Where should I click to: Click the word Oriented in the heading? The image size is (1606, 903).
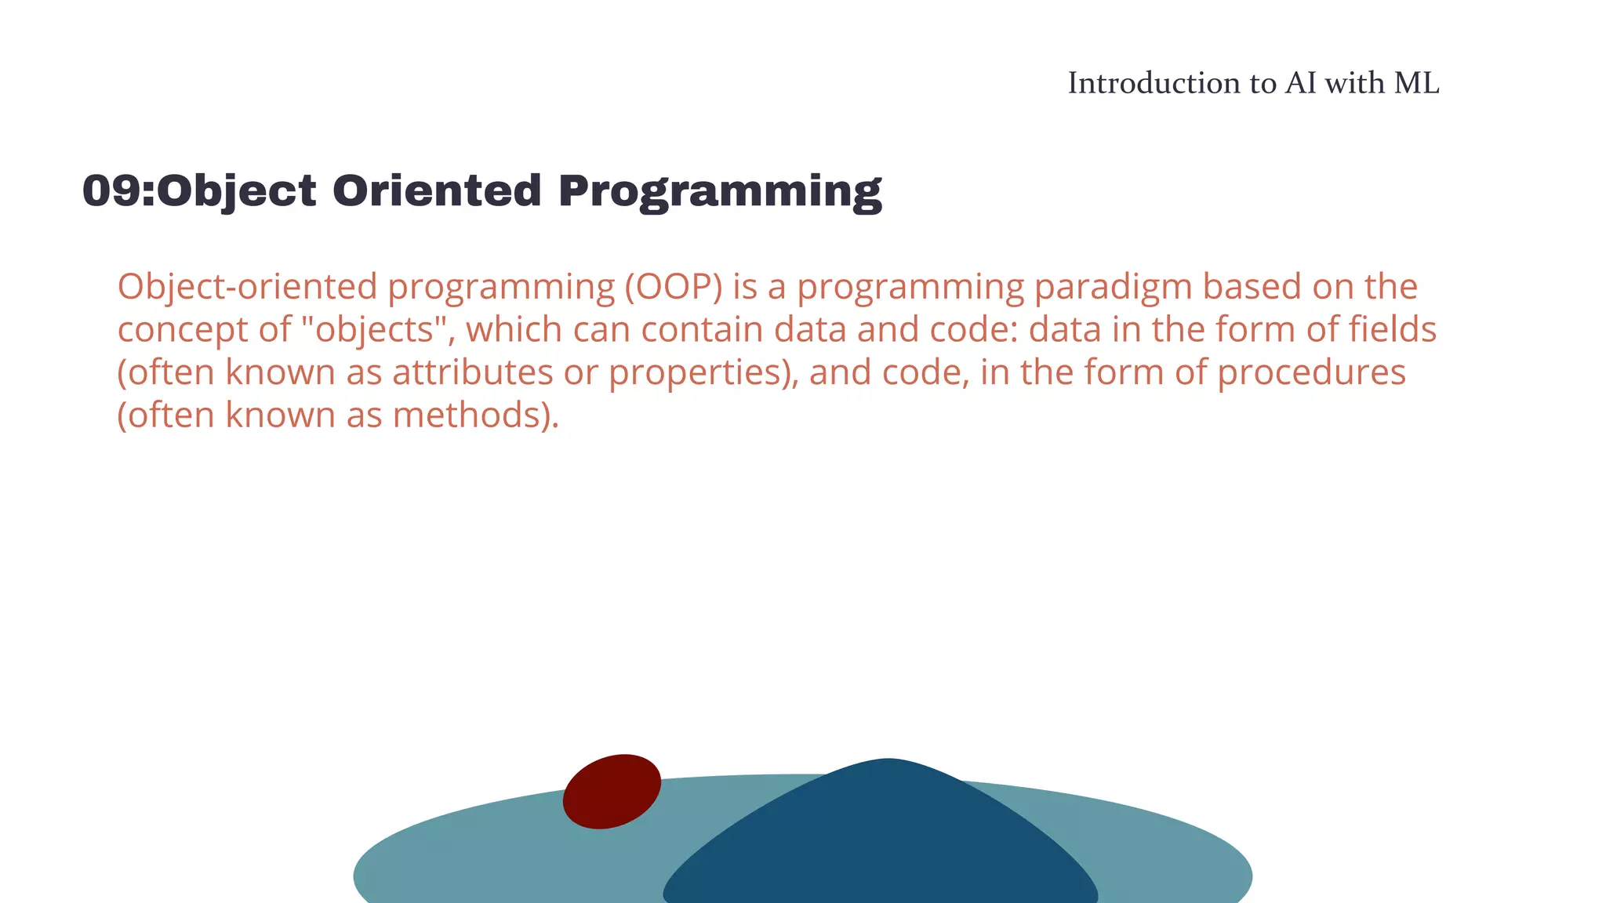point(437,190)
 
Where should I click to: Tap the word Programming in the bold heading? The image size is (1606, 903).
point(720,192)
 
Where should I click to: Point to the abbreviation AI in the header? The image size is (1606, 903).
point(1301,83)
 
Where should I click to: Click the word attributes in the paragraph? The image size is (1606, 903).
point(472,372)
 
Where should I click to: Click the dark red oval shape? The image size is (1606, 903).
point(612,791)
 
